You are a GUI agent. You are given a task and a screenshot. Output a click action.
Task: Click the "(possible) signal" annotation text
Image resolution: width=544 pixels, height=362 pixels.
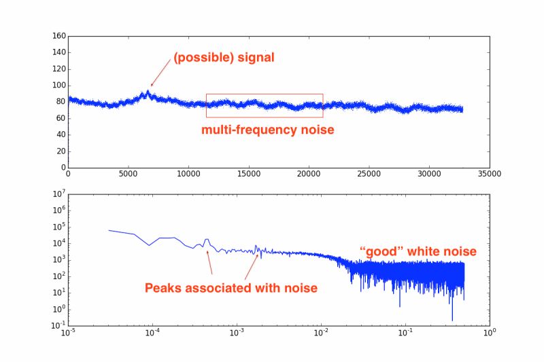pos(224,58)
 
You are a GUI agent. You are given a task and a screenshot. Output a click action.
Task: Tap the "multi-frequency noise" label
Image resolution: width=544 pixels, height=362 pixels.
pos(267,130)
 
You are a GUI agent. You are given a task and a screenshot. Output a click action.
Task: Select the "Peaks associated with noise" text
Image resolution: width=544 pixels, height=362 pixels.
pos(231,288)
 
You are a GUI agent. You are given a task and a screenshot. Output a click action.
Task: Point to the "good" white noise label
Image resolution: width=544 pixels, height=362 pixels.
pos(418,252)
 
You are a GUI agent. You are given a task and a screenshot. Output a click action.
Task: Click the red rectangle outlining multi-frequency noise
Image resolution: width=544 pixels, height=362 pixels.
pos(264,94)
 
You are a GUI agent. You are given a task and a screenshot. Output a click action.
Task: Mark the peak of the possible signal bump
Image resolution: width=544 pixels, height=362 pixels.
pos(148,92)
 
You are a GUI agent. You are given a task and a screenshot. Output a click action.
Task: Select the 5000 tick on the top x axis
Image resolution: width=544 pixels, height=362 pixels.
pos(128,174)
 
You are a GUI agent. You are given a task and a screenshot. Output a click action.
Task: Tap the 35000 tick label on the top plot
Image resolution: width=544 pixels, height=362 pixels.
pos(489,174)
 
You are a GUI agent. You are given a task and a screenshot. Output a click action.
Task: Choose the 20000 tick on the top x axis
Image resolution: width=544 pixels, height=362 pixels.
pos(309,174)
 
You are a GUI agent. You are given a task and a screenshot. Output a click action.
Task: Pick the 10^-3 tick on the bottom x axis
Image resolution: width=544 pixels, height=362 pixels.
pos(237,333)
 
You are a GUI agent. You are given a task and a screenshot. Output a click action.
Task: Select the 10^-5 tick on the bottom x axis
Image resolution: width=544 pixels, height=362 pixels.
pos(68,333)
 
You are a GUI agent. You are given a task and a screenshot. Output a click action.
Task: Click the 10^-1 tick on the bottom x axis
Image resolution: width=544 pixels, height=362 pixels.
pos(405,333)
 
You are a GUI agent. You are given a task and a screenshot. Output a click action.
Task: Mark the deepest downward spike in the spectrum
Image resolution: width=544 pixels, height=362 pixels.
pos(452,320)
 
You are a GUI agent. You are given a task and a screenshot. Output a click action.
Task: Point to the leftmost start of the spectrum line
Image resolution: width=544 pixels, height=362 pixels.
pos(109,230)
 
